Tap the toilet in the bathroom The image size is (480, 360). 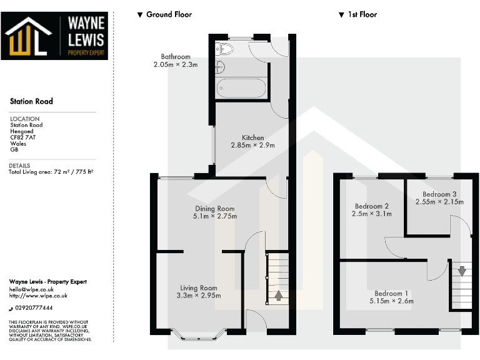(x=225, y=47)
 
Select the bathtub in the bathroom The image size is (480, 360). (x=242, y=88)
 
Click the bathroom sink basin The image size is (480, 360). (x=220, y=67)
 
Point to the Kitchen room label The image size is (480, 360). (x=252, y=137)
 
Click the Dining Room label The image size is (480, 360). (x=215, y=209)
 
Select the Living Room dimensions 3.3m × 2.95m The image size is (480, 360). (x=198, y=296)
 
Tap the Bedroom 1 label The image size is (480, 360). (x=391, y=293)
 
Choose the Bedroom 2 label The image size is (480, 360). (x=372, y=206)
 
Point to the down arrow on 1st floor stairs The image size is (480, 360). (x=461, y=271)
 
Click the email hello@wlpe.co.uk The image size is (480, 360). (x=31, y=289)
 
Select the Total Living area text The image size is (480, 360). (x=51, y=171)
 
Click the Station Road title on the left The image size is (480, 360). (x=31, y=101)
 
